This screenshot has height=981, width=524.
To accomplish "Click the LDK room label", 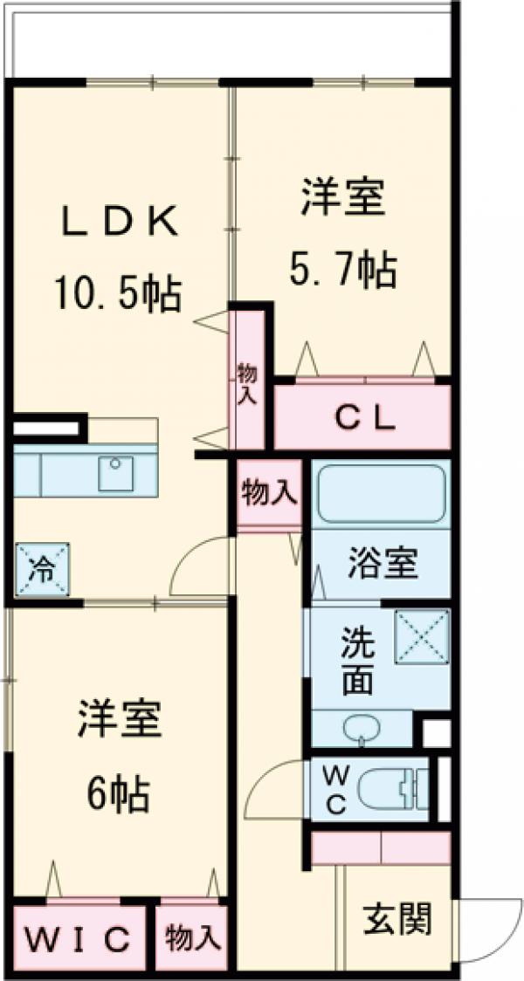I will coord(120,222).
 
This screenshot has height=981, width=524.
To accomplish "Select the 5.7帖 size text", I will coord(342,271).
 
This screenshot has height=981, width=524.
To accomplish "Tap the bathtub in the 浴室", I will coord(381,493).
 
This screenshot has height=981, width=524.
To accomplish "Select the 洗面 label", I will coord(356,662).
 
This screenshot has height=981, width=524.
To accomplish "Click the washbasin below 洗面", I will coord(362,731).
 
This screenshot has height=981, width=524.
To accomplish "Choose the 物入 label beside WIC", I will coord(192,939).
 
